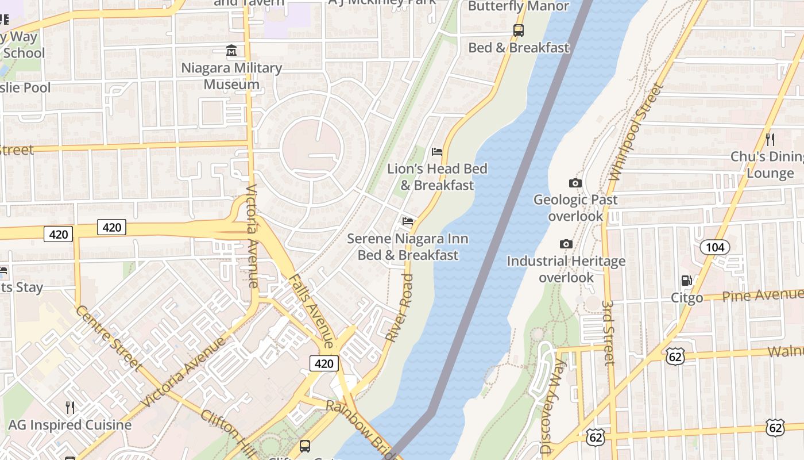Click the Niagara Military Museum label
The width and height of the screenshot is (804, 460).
point(231,76)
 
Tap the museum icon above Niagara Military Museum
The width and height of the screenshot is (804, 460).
point(231,51)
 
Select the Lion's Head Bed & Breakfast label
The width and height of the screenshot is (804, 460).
point(437,177)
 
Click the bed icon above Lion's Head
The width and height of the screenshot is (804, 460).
point(437,152)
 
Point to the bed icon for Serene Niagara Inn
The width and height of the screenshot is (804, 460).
point(408,221)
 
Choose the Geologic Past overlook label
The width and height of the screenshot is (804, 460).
point(575,208)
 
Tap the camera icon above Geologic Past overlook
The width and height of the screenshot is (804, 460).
point(575,183)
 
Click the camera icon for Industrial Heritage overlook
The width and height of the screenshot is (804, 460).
point(566,244)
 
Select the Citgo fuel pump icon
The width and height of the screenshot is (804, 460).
point(686,281)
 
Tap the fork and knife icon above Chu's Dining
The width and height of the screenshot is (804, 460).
point(770,139)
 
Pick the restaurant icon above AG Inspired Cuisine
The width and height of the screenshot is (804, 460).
point(70,408)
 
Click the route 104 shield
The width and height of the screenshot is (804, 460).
point(714,247)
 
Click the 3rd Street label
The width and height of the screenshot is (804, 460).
point(609,332)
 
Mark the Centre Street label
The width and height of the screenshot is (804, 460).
point(109,338)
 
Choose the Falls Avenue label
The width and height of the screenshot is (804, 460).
point(311,310)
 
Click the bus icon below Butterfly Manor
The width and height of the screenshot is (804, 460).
point(519,30)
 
